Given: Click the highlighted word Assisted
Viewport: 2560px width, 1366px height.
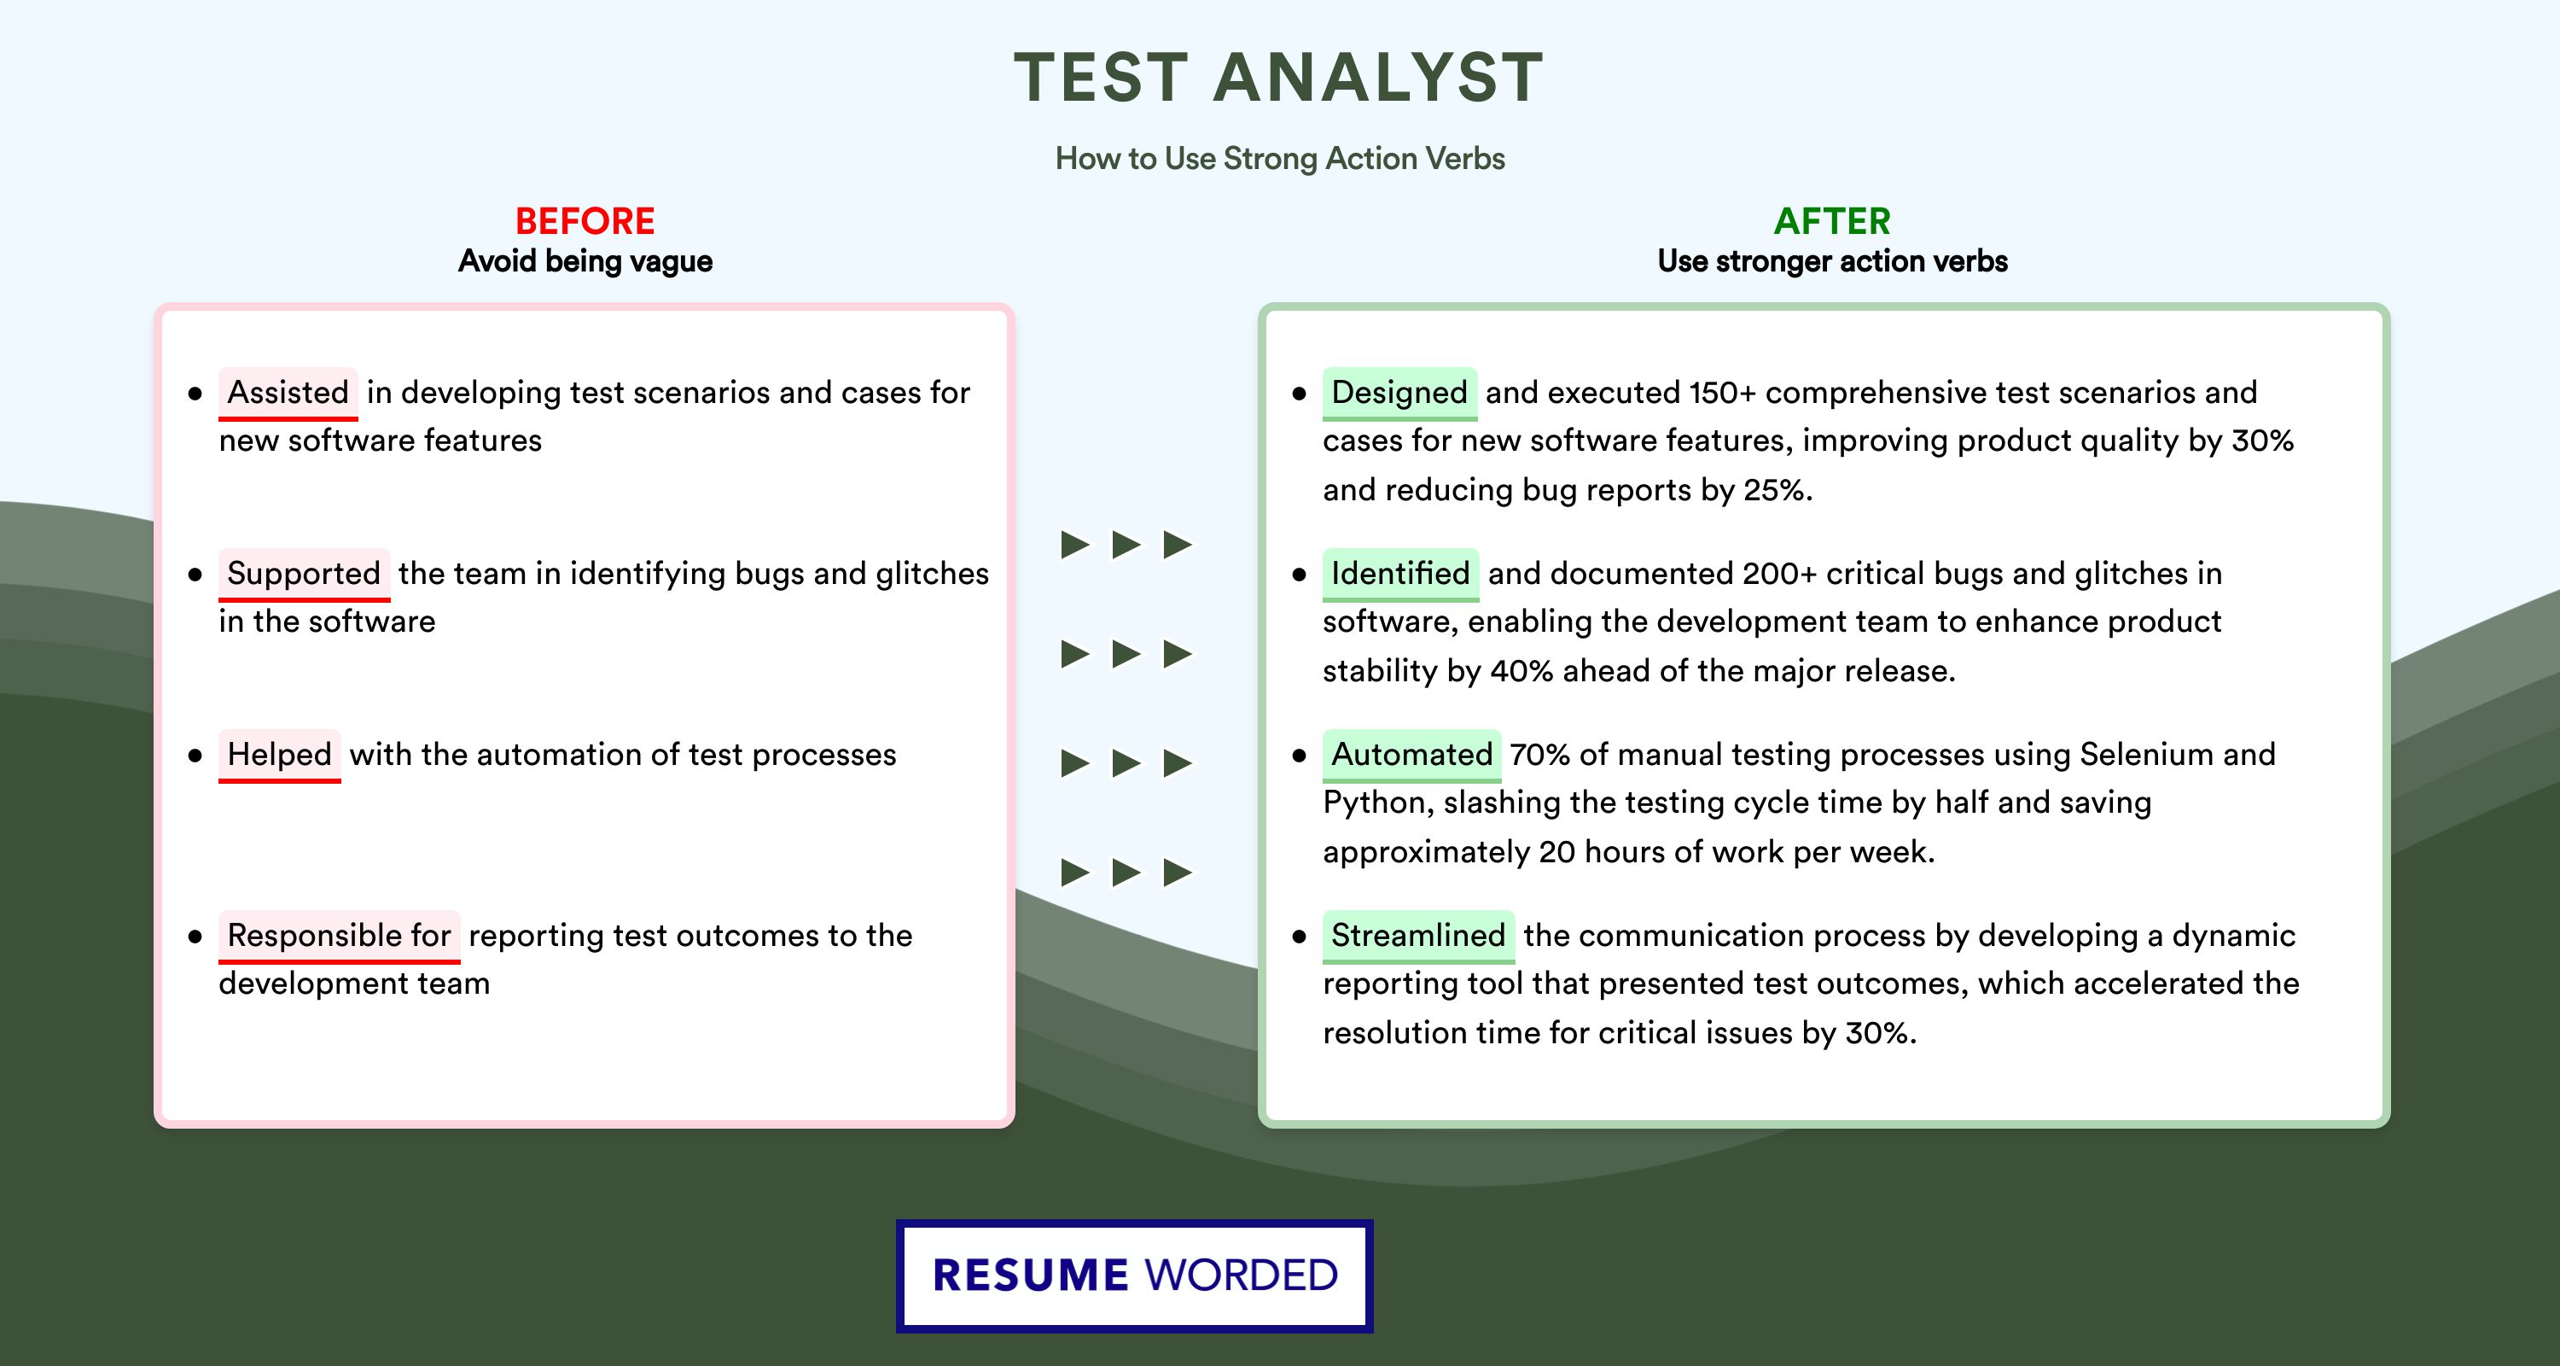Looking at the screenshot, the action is (x=288, y=393).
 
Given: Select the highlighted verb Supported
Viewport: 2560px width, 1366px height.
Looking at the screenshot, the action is (x=304, y=574).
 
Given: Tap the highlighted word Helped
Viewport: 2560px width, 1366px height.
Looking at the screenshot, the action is (x=279, y=755).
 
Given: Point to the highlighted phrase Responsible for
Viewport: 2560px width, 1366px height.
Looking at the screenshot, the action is (x=339, y=936).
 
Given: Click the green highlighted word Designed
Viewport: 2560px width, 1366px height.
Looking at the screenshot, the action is (x=1399, y=393).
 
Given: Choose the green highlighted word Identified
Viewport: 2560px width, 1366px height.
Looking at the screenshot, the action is (x=1400, y=574).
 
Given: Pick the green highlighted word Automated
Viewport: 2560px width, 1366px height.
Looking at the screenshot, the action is (x=1411, y=755).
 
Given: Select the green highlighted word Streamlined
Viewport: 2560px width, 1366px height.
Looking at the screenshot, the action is (x=1418, y=936).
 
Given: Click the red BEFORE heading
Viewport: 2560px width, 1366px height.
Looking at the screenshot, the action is (x=585, y=221).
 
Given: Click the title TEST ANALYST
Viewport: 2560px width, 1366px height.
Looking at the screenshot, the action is (x=1279, y=78).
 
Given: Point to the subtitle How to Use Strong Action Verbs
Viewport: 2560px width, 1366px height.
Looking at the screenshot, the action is (x=1280, y=158).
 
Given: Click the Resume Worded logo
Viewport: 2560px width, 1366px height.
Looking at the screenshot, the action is (x=1135, y=1276).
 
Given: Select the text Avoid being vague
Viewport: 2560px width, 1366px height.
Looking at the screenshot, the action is (x=585, y=261).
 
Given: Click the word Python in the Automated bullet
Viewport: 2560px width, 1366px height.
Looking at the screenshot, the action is (x=1377, y=803).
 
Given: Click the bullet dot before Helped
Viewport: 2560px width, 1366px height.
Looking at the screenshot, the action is (x=195, y=756).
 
